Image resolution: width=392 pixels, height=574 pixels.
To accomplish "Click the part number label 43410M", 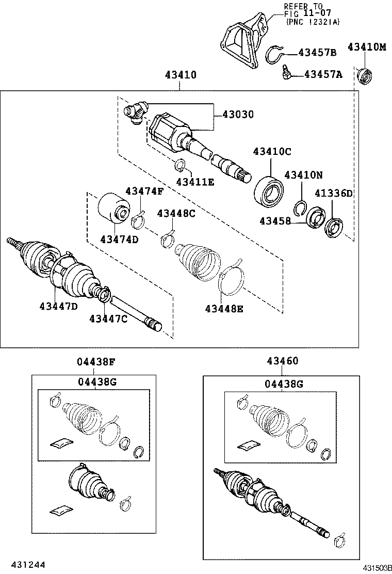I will [366, 47].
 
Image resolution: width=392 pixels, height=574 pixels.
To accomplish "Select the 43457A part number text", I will [323, 75].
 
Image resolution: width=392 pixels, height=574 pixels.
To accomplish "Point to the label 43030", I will [238, 115].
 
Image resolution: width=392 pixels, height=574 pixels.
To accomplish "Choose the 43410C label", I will [272, 151].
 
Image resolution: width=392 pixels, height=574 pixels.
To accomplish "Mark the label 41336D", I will [334, 194].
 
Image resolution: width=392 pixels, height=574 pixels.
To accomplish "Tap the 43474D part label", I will [119, 240].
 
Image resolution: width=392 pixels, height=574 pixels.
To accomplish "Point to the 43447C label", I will [108, 318].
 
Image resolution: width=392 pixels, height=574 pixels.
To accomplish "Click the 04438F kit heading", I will [96, 362].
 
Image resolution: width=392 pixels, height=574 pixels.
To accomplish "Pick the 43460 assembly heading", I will [282, 362].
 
